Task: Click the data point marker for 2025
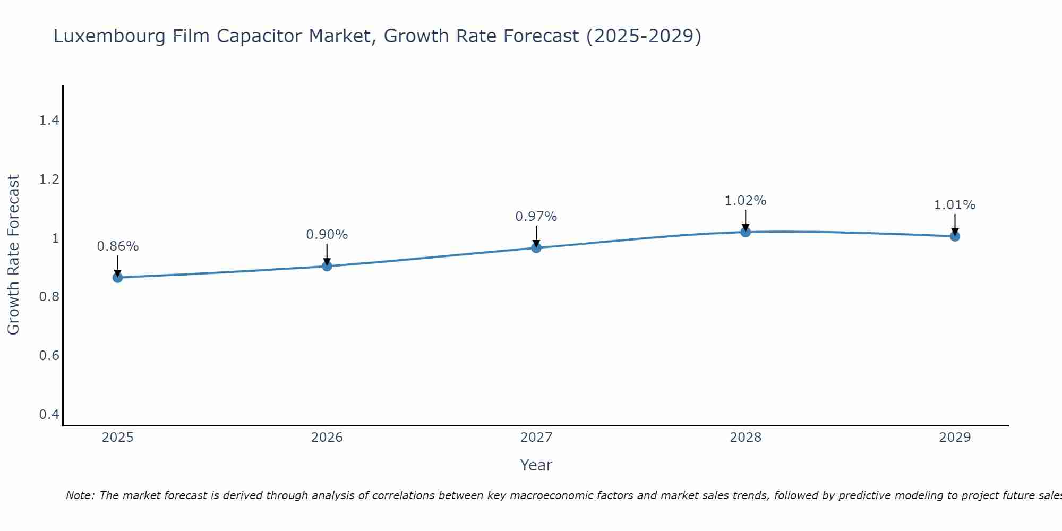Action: (x=117, y=277)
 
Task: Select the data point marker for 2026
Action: (x=327, y=266)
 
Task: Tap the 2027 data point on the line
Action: (x=536, y=247)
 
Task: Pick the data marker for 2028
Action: (x=746, y=232)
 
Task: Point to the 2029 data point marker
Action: (x=955, y=236)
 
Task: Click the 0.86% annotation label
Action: (x=117, y=246)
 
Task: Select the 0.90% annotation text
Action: (x=327, y=235)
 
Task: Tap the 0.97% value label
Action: (x=536, y=217)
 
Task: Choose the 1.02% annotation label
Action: (x=746, y=201)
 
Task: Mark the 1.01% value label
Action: (x=955, y=205)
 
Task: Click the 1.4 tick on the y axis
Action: (x=49, y=121)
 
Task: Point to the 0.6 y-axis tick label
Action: (x=49, y=355)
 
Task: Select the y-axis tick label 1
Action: (x=55, y=238)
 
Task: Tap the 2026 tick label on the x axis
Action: (x=327, y=438)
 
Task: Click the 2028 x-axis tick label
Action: (x=746, y=438)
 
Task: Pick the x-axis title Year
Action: (x=536, y=465)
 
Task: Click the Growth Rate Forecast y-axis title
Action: (x=14, y=255)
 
